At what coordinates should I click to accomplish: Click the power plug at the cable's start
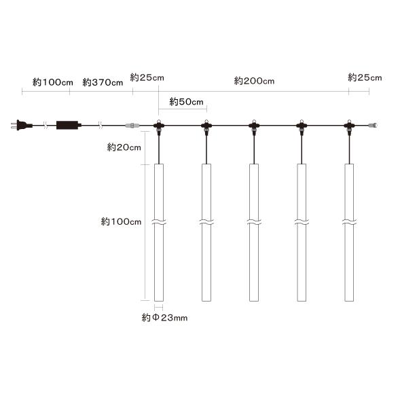click(x=22, y=125)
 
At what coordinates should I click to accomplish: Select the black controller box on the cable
click(x=69, y=125)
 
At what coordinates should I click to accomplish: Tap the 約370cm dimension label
click(x=103, y=82)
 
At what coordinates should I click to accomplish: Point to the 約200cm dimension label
click(x=254, y=81)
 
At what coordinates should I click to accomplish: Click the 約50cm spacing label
click(x=186, y=102)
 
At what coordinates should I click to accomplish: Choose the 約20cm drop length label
click(x=124, y=147)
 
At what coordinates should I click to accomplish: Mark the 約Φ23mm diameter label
click(x=164, y=318)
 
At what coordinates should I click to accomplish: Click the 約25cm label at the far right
click(x=365, y=77)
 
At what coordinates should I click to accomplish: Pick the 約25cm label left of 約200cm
click(x=147, y=77)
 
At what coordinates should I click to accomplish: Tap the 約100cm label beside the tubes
click(x=121, y=221)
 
